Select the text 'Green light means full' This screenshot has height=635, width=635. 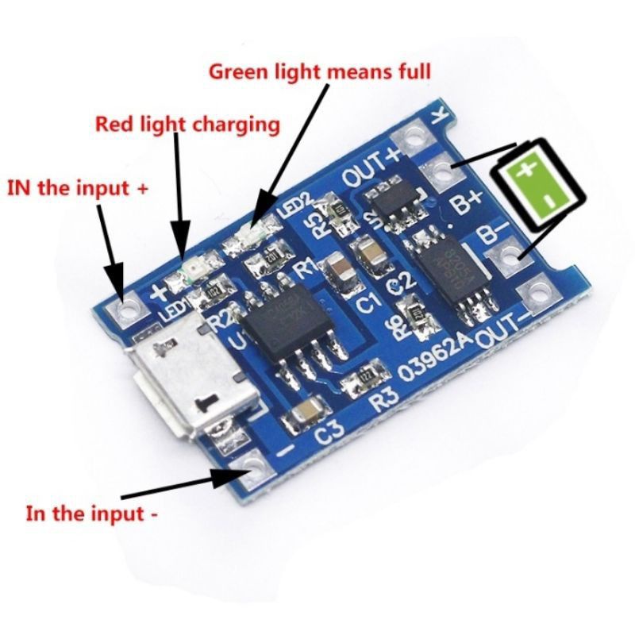point(319,71)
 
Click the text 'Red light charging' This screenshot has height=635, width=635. point(187,125)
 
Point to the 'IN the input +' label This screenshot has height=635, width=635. point(78,189)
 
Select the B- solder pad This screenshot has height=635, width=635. point(505,256)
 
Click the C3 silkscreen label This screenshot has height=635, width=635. point(328,433)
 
